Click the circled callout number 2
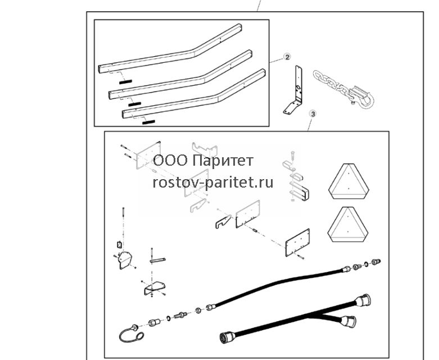[287, 57]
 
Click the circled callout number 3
[313, 114]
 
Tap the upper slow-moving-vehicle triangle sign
[349, 181]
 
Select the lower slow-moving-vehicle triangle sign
[348, 225]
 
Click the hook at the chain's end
[364, 98]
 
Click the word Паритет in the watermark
[223, 161]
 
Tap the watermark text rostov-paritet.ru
[213, 183]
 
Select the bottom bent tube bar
[194, 95]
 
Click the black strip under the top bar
[125, 81]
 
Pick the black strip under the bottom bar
[148, 122]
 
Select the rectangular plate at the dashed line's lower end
[297, 243]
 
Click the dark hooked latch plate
[223, 221]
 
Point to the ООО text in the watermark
[170, 161]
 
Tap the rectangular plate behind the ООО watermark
[148, 154]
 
